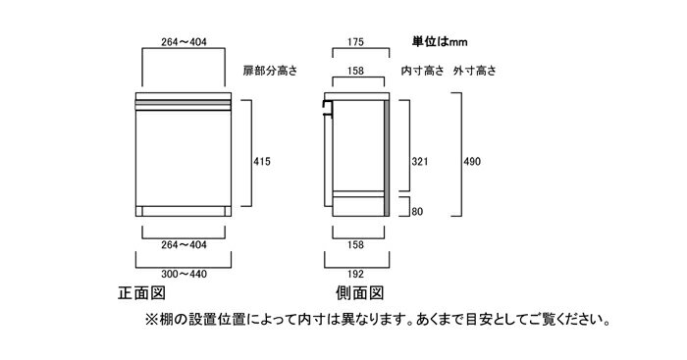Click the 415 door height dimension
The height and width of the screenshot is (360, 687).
tap(261, 161)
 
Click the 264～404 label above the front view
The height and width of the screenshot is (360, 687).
tap(182, 42)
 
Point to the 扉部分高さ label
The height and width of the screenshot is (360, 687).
tap(271, 72)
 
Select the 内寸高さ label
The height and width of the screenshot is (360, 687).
tap(423, 72)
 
